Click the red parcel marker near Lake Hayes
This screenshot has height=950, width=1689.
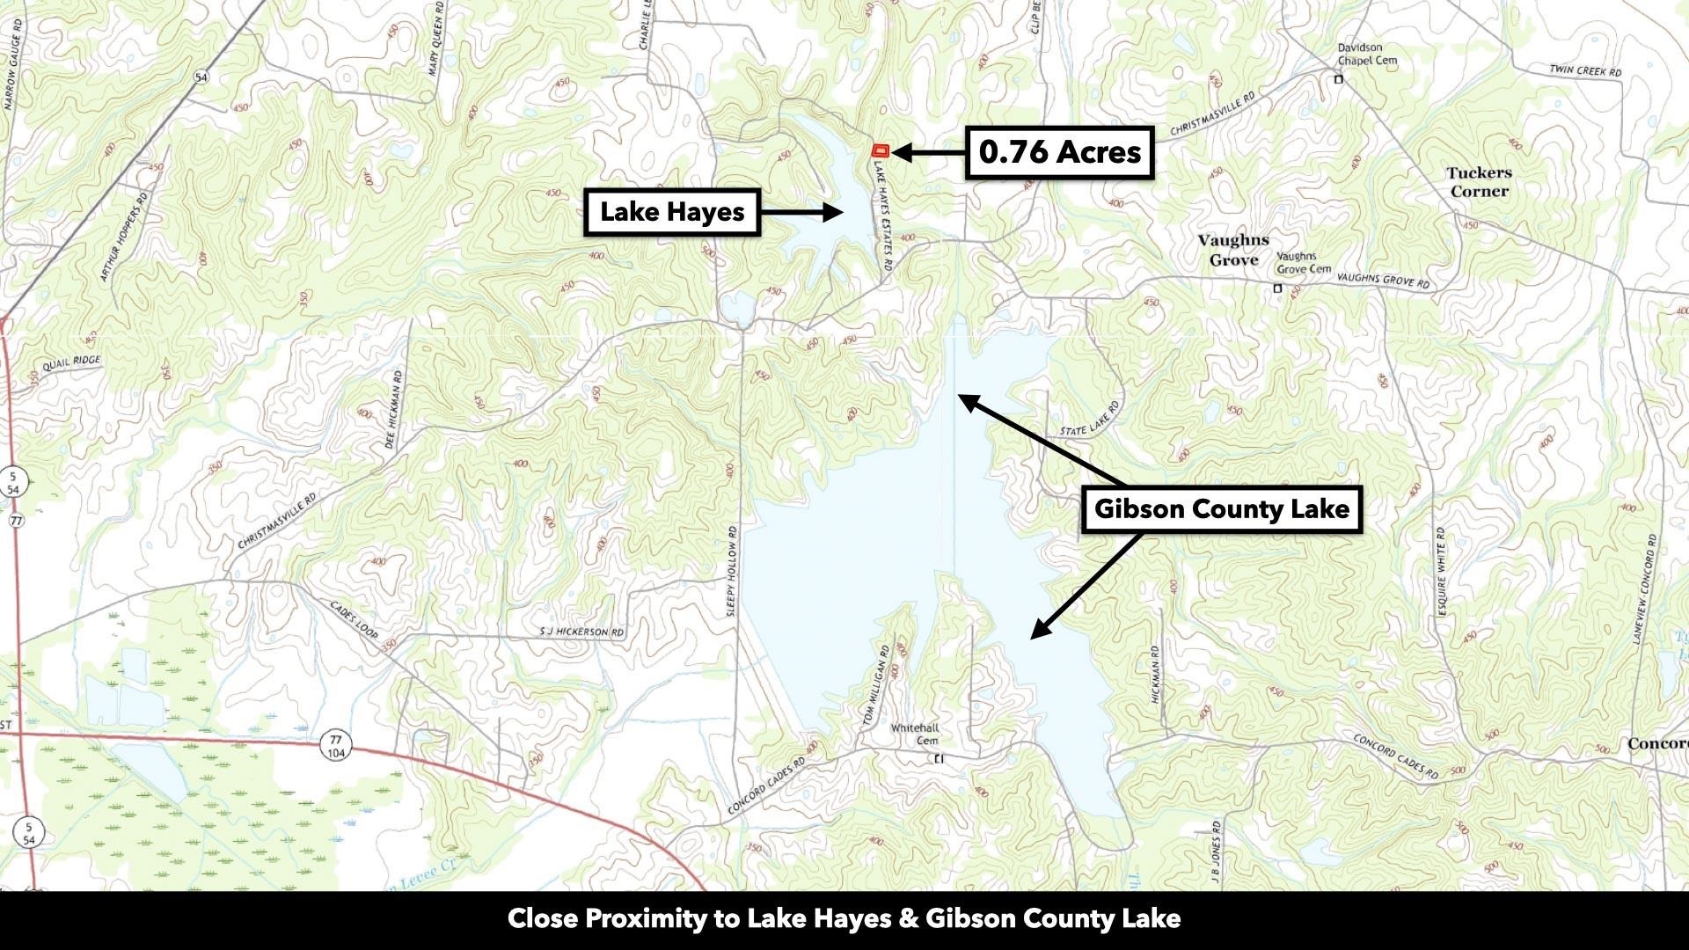881,151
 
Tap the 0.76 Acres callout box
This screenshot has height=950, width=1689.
1059,153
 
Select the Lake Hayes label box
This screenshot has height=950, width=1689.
672,212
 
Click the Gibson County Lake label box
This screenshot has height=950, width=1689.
1221,509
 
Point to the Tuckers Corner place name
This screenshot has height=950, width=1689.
1479,182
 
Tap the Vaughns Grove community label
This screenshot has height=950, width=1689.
1233,250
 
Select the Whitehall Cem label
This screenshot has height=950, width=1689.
915,734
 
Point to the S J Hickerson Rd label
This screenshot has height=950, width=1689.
581,632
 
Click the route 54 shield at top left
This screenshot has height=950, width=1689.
201,77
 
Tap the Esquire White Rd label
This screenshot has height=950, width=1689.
1440,571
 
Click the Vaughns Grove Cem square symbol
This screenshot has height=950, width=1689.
1277,289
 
